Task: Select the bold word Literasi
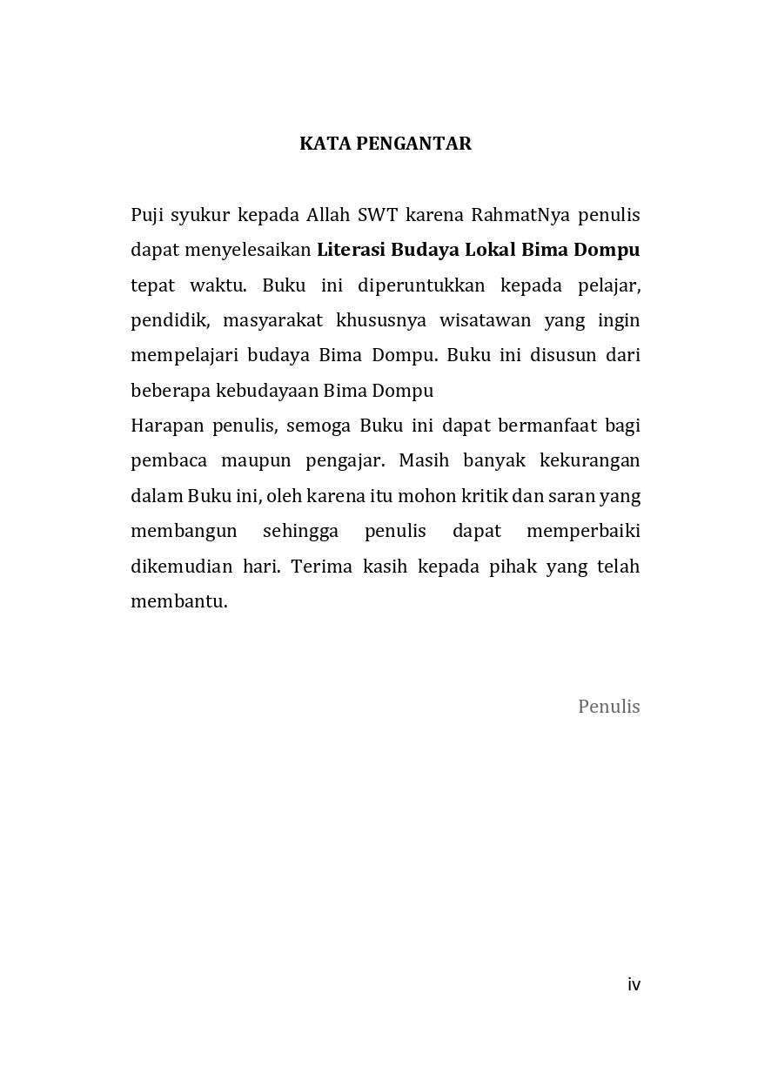tap(351, 250)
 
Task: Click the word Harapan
tap(166, 426)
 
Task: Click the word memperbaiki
tap(583, 531)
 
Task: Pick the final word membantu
tap(178, 601)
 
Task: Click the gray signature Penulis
tap(608, 707)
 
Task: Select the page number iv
tap(634, 984)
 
